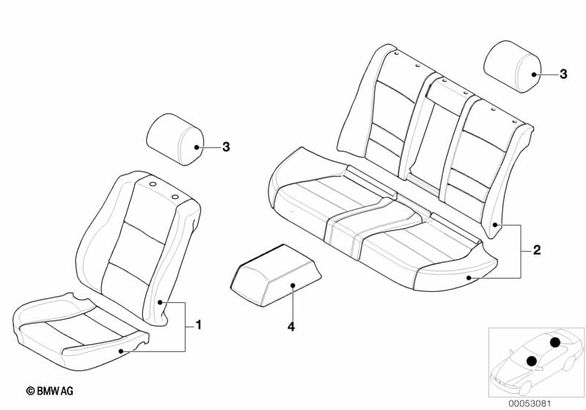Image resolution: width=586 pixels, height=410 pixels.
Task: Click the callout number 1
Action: tap(199, 325)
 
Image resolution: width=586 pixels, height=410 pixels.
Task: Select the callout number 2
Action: tap(537, 249)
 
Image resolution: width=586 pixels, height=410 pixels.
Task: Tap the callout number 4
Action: tap(291, 326)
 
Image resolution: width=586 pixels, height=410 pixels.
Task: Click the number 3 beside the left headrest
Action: tap(226, 147)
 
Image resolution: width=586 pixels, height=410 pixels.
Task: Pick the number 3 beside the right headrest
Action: tap(563, 74)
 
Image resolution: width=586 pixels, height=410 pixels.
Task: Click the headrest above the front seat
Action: tap(175, 139)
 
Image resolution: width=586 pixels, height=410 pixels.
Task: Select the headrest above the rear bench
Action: tap(513, 66)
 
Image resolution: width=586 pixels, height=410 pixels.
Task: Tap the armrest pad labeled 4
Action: tap(276, 276)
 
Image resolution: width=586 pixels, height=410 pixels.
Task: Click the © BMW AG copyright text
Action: tap(50, 391)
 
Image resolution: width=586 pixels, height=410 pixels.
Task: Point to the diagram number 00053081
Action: tap(530, 403)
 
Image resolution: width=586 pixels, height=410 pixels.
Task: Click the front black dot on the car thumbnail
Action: tap(532, 361)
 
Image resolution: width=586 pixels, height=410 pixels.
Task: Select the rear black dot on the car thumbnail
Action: tap(555, 342)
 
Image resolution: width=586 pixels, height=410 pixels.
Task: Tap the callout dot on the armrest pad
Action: tap(293, 285)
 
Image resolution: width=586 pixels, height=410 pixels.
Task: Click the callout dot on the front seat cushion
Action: tap(121, 351)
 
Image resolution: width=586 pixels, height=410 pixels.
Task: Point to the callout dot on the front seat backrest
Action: tap(160, 302)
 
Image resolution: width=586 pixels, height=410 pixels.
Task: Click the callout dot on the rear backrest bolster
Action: tap(495, 224)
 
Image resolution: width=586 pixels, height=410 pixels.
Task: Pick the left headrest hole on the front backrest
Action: tap(153, 184)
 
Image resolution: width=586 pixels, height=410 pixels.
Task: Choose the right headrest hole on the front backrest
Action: tap(175, 197)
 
